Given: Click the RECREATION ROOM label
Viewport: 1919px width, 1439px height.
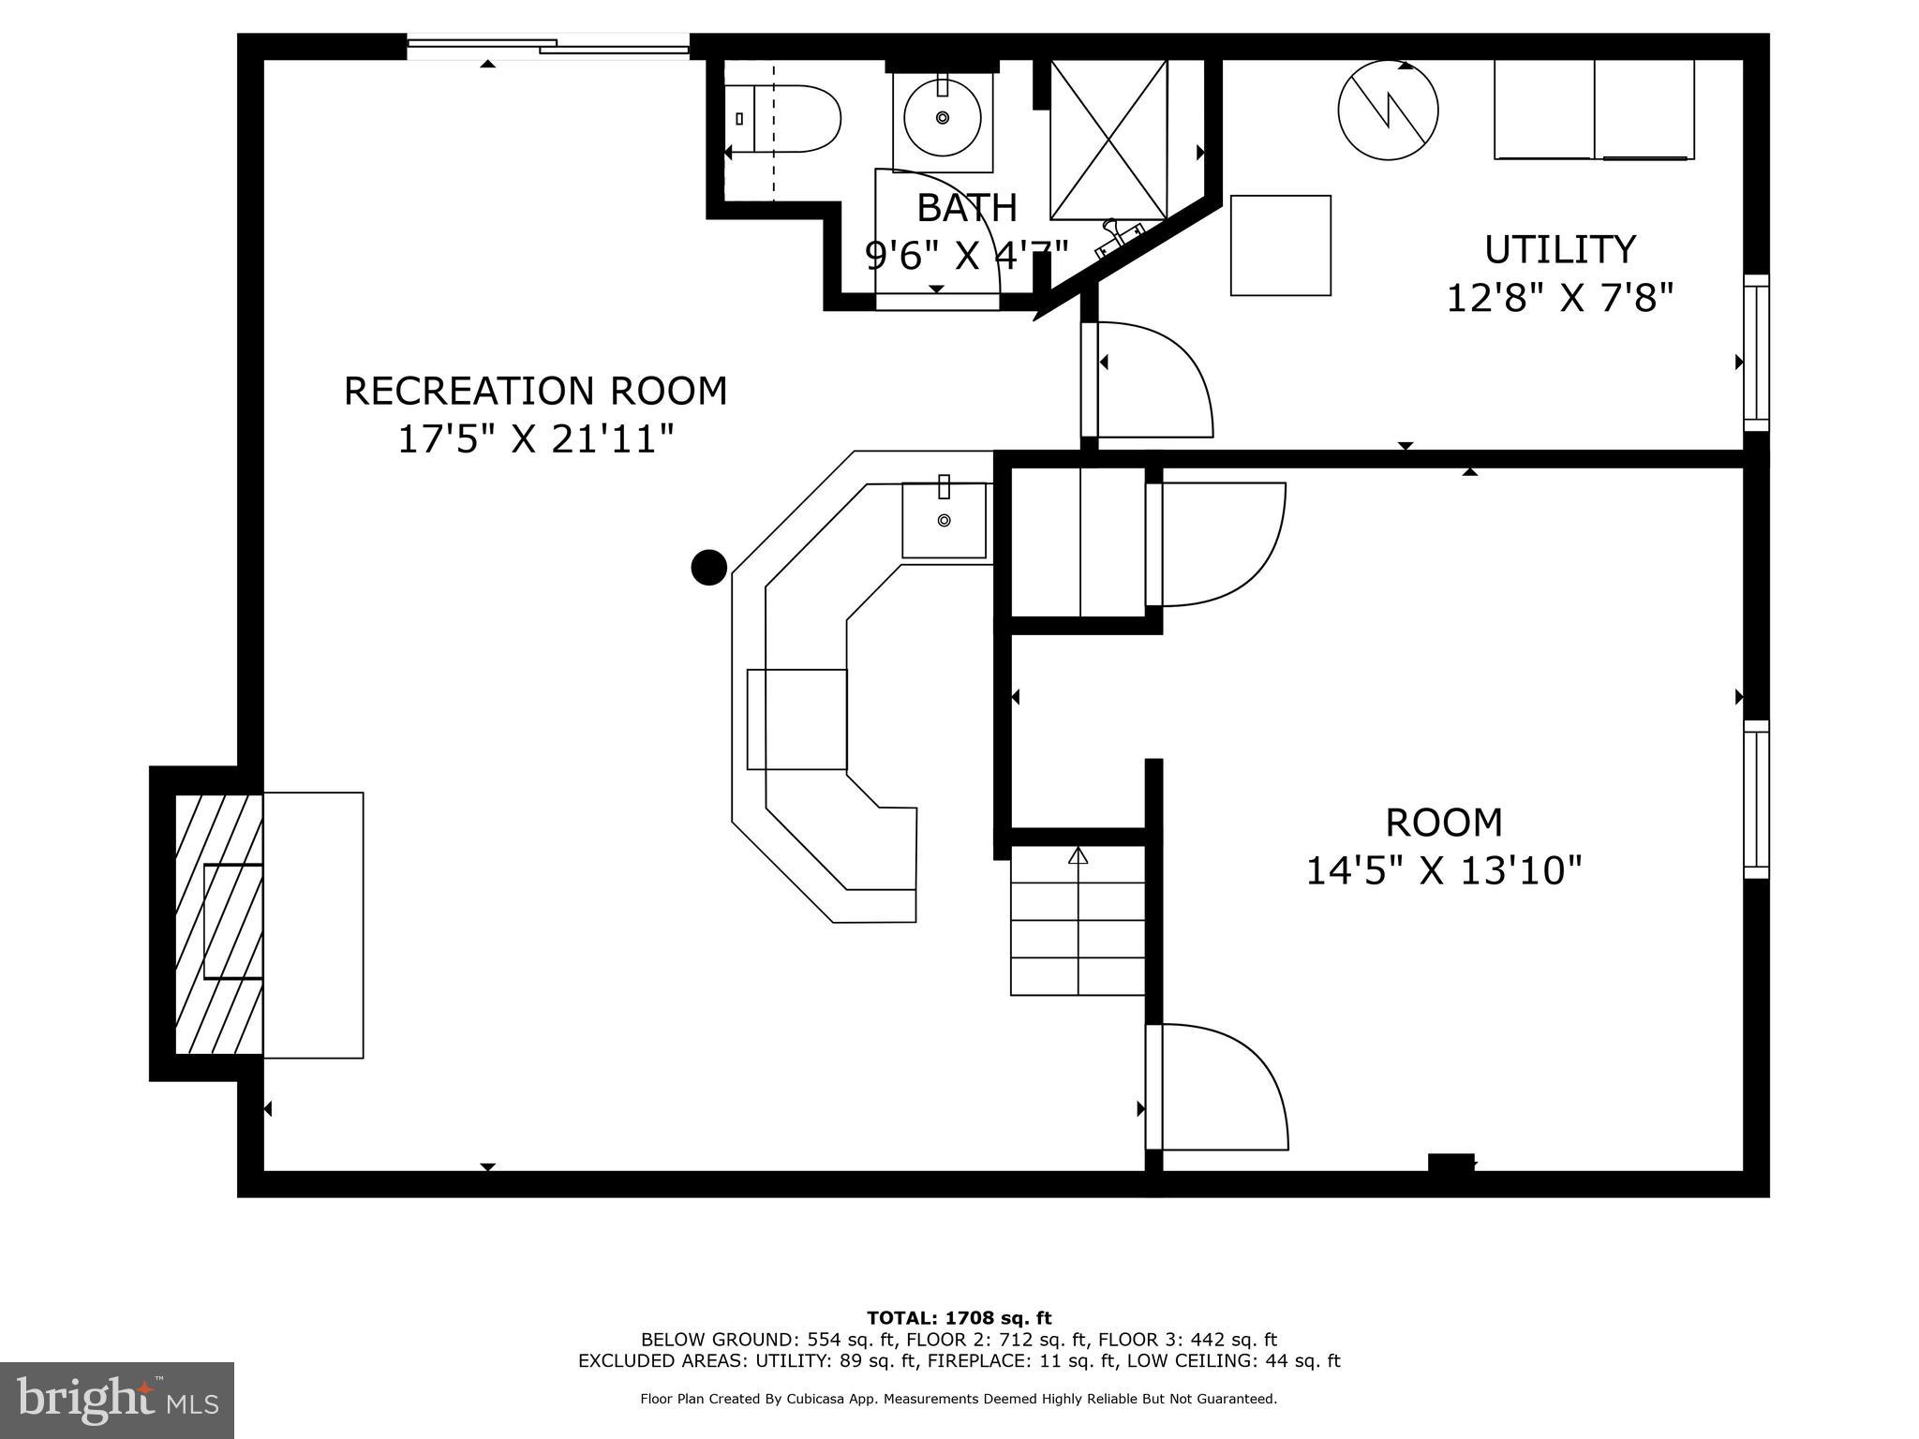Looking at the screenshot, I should [535, 391].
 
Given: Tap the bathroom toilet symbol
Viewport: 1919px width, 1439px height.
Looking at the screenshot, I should [785, 119].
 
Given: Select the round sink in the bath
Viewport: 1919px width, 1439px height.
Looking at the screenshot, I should [942, 118].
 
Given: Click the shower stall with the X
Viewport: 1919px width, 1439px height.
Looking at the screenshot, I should [1108, 140].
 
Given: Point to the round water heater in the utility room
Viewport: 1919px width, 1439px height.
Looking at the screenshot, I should [1388, 110].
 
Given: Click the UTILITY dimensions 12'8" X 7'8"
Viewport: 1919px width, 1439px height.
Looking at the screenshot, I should [1559, 299].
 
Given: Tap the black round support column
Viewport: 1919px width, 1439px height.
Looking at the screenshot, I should [708, 567].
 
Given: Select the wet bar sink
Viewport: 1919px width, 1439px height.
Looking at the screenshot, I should [944, 520].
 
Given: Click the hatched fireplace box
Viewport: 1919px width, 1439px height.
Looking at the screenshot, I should [218, 924].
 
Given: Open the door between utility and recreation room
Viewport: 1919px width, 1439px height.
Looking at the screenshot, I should [1153, 379].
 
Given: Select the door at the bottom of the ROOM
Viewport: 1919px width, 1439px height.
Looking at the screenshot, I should [1218, 1087].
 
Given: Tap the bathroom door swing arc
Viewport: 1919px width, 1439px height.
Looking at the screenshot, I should [937, 225].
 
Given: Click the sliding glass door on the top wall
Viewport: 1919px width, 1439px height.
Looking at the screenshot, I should [548, 45].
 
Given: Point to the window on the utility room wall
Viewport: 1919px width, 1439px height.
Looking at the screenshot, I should [1756, 352].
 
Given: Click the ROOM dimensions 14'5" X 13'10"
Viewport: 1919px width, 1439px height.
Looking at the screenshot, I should [1443, 870].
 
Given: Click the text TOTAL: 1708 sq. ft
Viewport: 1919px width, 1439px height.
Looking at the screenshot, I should [959, 1318].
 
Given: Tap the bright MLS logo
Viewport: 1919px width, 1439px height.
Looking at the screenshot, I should [117, 1400].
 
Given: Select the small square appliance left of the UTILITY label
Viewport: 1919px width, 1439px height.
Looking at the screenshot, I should [1280, 245].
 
